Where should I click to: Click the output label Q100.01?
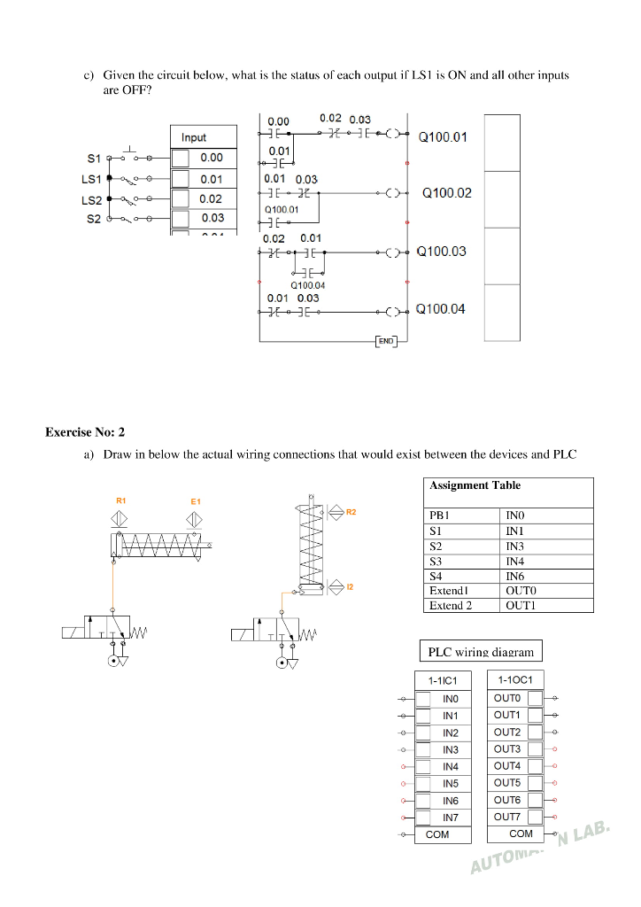point(442,136)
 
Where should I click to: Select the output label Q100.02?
point(447,192)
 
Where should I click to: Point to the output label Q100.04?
point(440,309)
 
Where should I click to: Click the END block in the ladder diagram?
point(386,340)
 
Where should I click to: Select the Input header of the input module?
point(194,137)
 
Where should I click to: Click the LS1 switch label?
point(92,178)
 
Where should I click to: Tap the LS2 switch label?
point(92,200)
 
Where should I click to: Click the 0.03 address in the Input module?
point(212,218)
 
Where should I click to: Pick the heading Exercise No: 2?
point(85,432)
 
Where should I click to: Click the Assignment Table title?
point(475,485)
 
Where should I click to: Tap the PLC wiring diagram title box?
point(481,652)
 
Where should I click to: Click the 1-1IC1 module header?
point(442,680)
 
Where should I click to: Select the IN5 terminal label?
point(451,784)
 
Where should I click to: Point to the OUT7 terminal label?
point(507,817)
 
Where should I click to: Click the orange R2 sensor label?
point(351,512)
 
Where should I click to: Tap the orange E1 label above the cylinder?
point(196,501)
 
